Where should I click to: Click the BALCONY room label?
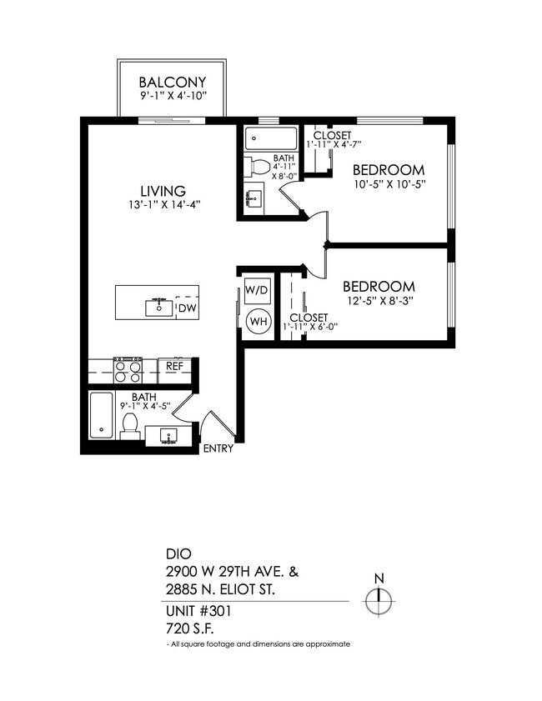tap(172, 83)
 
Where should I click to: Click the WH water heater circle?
tap(258, 321)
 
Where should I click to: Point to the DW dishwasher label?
tap(188, 309)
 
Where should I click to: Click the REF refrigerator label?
tap(174, 365)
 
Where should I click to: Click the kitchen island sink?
tap(158, 307)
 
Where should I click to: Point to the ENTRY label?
tap(218, 449)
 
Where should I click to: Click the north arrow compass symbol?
tap(379, 599)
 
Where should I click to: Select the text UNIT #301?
tap(198, 611)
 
